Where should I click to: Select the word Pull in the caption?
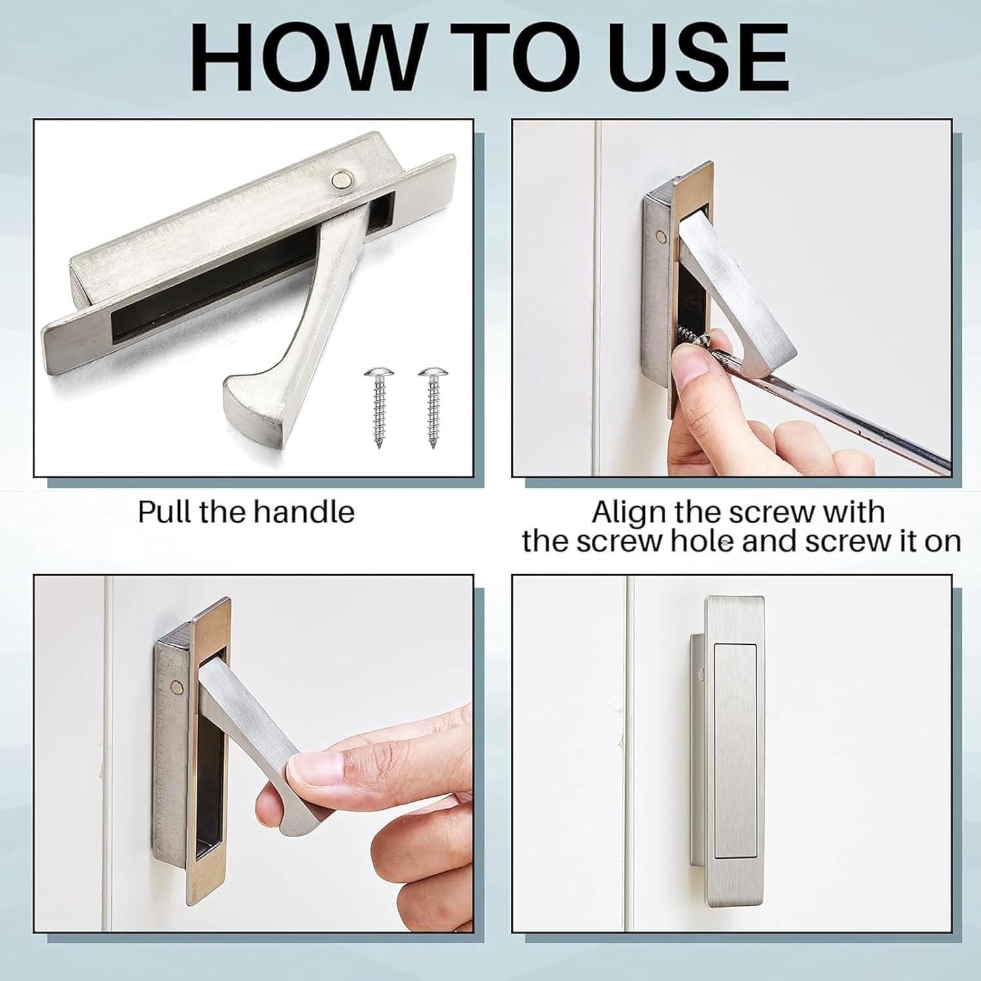165,511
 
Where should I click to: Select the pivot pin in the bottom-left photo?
175,686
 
